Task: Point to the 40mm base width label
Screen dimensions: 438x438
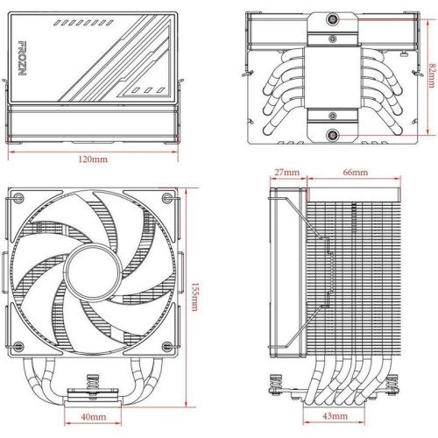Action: tap(95, 416)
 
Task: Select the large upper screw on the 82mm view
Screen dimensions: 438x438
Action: tap(334, 19)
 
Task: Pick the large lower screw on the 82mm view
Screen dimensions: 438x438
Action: tap(334, 135)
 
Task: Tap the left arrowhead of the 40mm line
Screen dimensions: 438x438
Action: tap(71, 406)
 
